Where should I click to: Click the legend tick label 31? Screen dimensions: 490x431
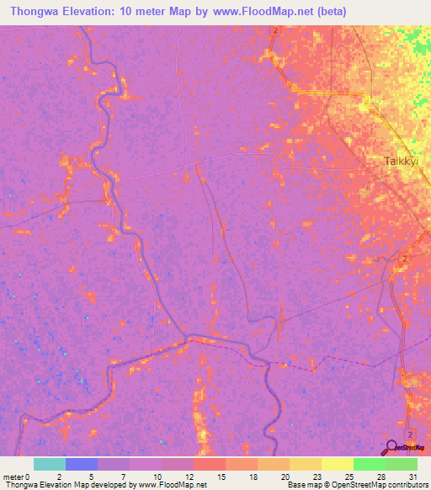(412, 477)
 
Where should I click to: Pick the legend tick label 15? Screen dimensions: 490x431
(221, 477)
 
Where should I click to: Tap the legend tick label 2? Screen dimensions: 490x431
(59, 477)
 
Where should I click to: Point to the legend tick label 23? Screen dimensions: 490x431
(317, 477)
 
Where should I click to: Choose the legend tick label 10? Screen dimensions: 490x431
(156, 477)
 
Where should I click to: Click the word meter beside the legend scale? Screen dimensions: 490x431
(14, 477)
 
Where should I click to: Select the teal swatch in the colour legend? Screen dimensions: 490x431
(50, 464)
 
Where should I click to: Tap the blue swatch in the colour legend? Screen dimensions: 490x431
(82, 464)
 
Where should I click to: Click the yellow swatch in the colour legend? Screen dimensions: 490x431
(337, 464)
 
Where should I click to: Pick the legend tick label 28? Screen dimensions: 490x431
(380, 477)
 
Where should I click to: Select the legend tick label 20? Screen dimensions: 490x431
(285, 477)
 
